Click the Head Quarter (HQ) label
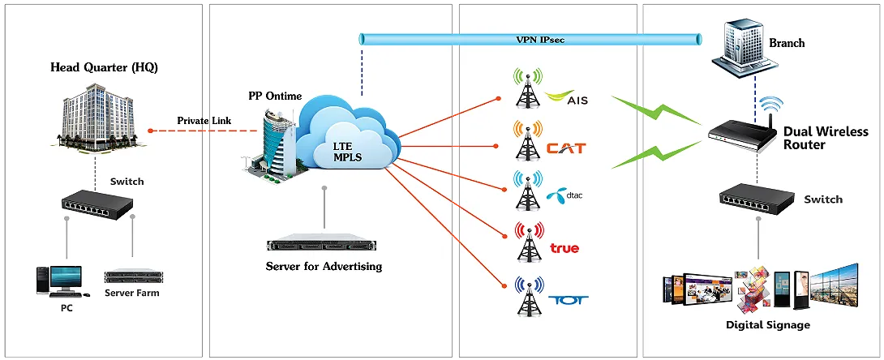point(104,67)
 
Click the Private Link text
point(204,121)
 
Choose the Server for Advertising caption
point(324,266)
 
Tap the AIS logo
point(568,99)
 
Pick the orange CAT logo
point(565,148)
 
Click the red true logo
point(564,247)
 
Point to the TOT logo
point(568,300)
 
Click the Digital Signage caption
point(767,325)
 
